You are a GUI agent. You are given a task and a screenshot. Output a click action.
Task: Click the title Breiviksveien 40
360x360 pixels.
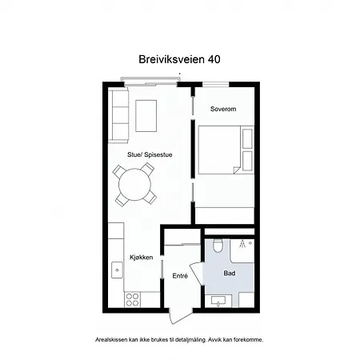tap(179, 59)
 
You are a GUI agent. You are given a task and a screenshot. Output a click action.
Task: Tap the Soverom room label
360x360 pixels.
tap(223, 109)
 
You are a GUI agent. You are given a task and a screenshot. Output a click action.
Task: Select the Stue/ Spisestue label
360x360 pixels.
tap(150, 154)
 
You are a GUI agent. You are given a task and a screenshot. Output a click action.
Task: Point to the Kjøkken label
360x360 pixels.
tap(142, 258)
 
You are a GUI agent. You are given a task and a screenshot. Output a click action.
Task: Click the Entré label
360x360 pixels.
tap(180, 276)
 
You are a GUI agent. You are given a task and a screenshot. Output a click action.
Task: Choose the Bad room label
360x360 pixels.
tap(230, 273)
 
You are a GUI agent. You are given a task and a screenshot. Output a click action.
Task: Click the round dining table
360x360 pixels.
tap(134, 184)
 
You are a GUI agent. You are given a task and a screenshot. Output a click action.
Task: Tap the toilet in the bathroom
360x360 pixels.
tap(218, 246)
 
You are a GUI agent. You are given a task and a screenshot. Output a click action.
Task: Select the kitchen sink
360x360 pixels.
tap(117, 270)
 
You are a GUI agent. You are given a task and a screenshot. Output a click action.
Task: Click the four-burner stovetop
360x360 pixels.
tap(132, 300)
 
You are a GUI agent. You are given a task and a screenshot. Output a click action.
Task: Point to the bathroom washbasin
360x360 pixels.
tap(218, 301)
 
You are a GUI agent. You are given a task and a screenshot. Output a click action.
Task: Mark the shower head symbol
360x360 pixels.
tap(242, 244)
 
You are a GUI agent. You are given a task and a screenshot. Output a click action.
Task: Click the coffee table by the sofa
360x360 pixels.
tap(146, 116)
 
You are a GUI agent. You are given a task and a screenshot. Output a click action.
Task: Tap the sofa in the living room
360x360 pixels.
tap(118, 115)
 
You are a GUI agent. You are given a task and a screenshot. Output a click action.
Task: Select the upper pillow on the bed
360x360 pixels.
tap(247, 138)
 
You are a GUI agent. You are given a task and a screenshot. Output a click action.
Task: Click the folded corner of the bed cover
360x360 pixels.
tap(237, 170)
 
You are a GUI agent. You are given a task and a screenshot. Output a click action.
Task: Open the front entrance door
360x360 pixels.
tap(180, 316)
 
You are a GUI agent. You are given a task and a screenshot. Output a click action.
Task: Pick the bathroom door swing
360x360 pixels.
tap(197, 274)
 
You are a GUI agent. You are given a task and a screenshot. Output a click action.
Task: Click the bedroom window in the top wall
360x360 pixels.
tap(216, 85)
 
